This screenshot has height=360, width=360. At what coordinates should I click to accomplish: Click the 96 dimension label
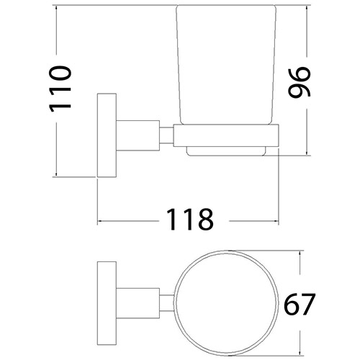pos(297,82)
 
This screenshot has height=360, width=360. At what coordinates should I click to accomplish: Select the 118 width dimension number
pos(188,218)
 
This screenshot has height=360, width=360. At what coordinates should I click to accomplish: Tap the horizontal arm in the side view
pos(137,135)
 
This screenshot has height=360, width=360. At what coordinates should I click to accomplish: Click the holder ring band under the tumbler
pos(225,135)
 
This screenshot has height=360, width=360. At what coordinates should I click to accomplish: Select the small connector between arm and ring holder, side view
pos(165,135)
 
